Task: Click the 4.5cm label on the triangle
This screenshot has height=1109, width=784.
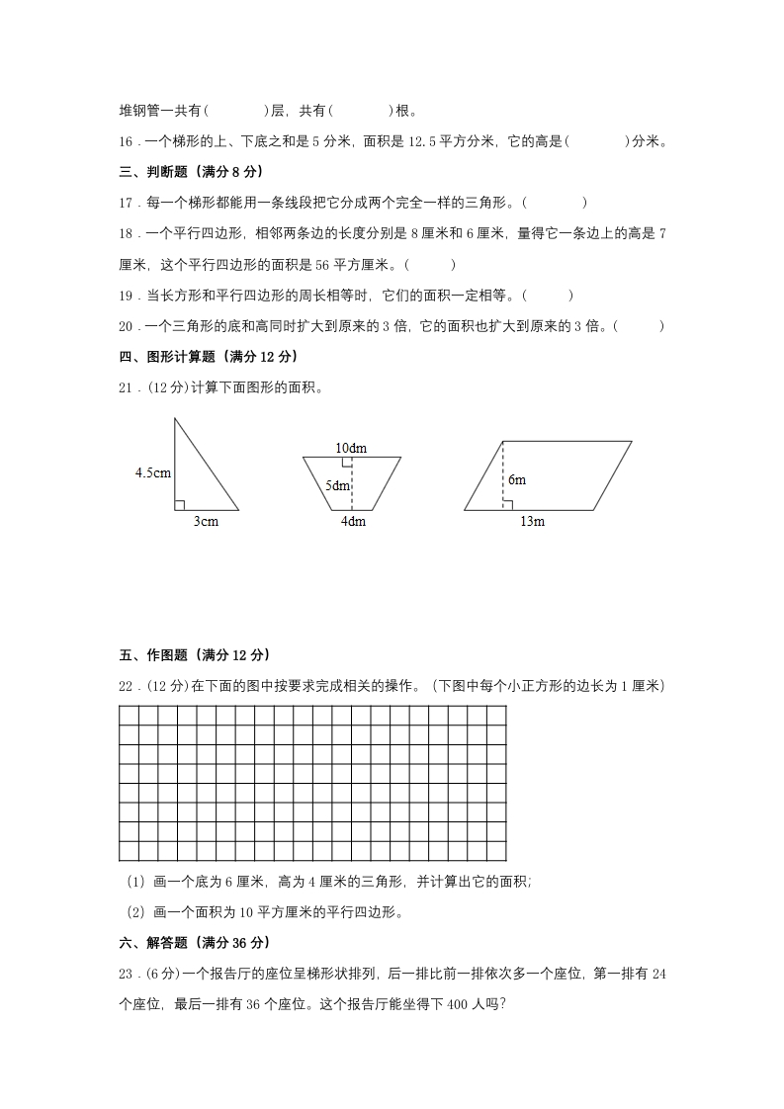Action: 153,472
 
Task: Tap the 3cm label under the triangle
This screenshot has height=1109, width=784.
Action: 205,522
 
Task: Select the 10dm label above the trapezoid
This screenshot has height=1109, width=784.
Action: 351,448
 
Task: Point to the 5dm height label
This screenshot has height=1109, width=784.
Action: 338,485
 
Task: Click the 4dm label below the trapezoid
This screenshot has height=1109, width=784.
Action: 353,522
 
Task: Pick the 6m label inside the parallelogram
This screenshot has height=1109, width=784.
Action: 517,479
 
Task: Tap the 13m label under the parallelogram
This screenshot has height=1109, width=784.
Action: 532,522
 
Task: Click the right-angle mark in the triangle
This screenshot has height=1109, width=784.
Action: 179,505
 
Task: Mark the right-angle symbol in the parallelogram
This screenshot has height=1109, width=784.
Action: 507,505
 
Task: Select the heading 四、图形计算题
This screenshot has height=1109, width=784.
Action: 208,356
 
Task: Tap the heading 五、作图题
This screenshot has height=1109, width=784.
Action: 194,654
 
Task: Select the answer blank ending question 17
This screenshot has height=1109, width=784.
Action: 556,203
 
